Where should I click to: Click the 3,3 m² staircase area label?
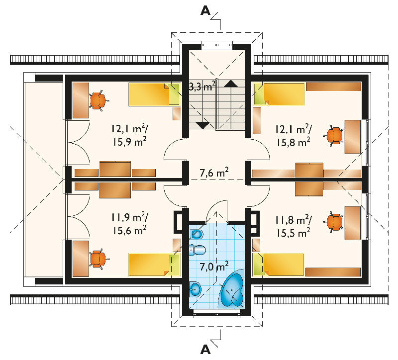click(x=202, y=86)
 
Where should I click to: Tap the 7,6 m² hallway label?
click(x=214, y=172)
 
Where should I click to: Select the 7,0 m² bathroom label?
click(x=214, y=266)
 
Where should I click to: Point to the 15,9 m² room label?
click(x=130, y=142)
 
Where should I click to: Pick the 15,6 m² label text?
click(x=130, y=230)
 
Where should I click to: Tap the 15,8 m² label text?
click(x=293, y=142)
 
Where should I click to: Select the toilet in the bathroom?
click(x=197, y=250)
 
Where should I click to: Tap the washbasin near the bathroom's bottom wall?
click(x=195, y=289)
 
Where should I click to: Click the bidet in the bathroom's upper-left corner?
click(x=197, y=234)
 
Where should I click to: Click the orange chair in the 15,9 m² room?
click(x=98, y=101)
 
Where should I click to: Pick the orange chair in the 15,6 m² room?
click(x=98, y=259)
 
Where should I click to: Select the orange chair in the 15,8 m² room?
click(x=333, y=135)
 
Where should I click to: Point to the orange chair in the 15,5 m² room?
click(x=333, y=222)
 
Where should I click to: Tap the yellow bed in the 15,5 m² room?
click(x=279, y=265)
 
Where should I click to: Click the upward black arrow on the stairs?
click(x=231, y=84)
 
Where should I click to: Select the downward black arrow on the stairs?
click(x=202, y=125)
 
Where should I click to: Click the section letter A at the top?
click(x=205, y=10)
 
